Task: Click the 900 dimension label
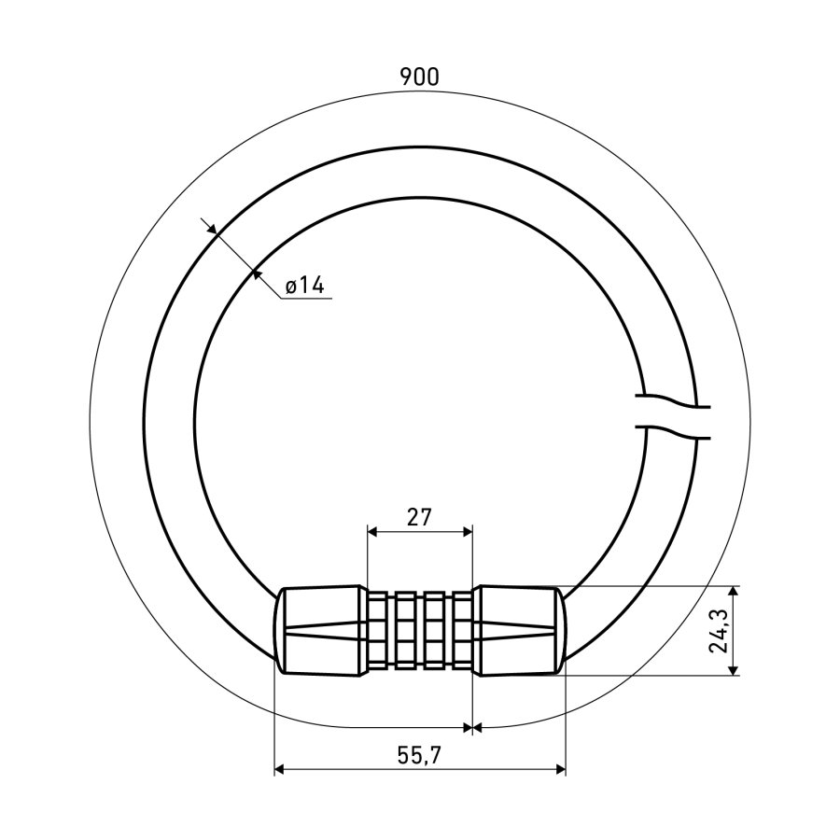point(419,77)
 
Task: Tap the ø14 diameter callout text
point(304,285)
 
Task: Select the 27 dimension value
point(419,517)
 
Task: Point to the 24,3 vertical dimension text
point(718,631)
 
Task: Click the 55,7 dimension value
point(419,755)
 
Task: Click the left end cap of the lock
point(320,630)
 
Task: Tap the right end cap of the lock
point(519,630)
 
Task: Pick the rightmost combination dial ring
point(462,630)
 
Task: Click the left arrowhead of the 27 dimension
point(372,531)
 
